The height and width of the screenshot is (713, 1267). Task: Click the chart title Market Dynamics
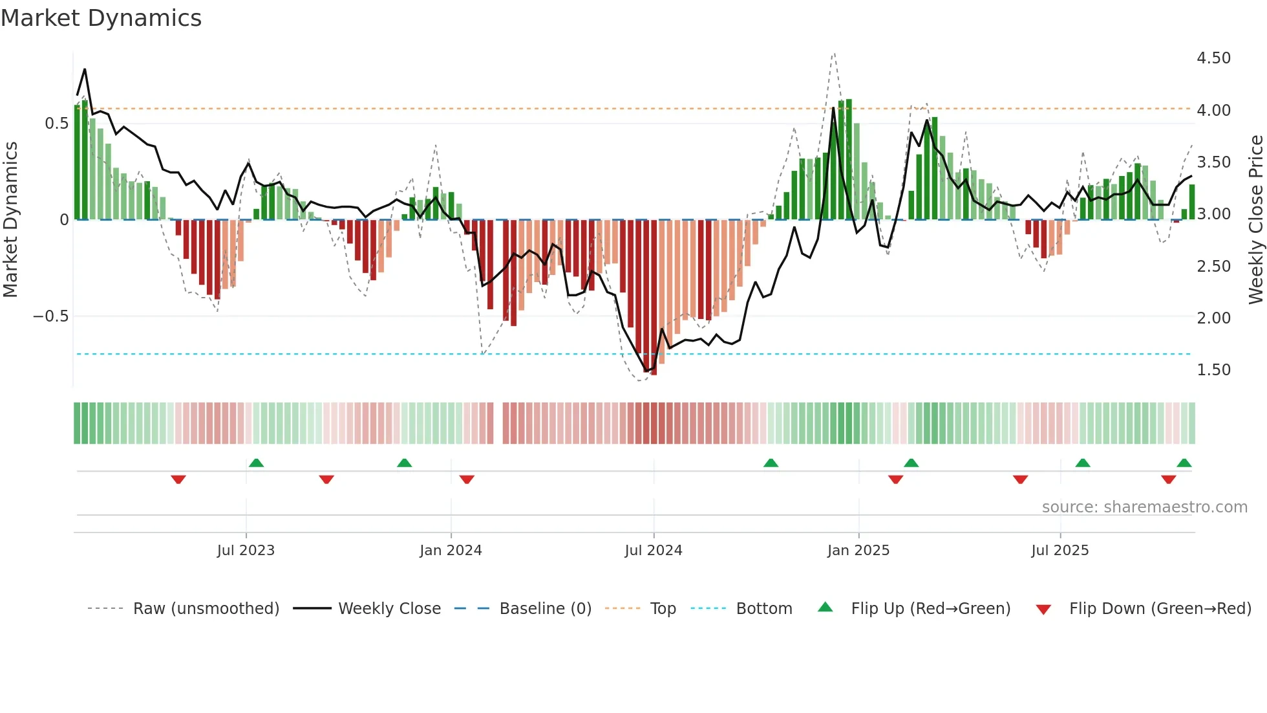click(x=101, y=18)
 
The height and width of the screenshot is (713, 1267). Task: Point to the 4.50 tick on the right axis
click(x=1213, y=58)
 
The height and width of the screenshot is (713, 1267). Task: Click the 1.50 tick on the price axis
click(x=1213, y=370)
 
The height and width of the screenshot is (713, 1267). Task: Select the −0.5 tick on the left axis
click(x=50, y=316)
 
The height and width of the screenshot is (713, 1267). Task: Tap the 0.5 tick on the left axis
click(x=56, y=124)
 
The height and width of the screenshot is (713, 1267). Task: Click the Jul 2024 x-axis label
click(x=653, y=551)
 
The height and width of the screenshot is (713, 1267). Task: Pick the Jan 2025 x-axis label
click(x=858, y=551)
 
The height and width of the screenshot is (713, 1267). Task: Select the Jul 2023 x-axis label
click(x=246, y=551)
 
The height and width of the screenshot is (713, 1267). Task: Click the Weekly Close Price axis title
click(x=1255, y=219)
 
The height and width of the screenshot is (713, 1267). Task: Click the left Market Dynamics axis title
click(x=11, y=219)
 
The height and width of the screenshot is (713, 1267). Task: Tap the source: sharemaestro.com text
click(x=1144, y=507)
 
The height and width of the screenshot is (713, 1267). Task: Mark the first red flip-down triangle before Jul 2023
click(x=178, y=479)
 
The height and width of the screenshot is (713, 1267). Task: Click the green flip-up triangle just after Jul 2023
click(x=256, y=463)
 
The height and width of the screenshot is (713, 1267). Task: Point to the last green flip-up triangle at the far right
click(x=1184, y=463)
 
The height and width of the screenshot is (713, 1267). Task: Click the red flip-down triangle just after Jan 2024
click(x=467, y=479)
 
